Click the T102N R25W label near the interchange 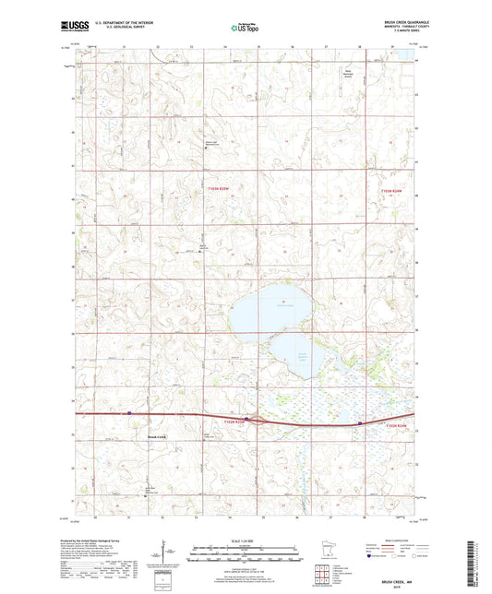[x=237, y=422]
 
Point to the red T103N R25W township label [x=215, y=189]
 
